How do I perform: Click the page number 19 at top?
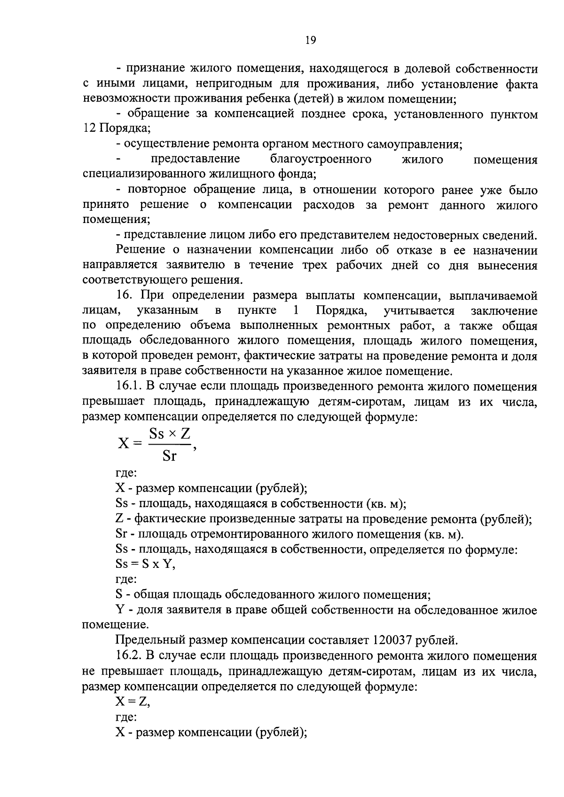310,40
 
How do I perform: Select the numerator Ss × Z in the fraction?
169,433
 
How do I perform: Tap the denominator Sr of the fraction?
169,455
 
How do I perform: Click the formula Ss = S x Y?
145,564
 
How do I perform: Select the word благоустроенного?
321,159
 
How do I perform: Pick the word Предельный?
150,640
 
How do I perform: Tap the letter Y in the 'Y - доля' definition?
120,610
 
